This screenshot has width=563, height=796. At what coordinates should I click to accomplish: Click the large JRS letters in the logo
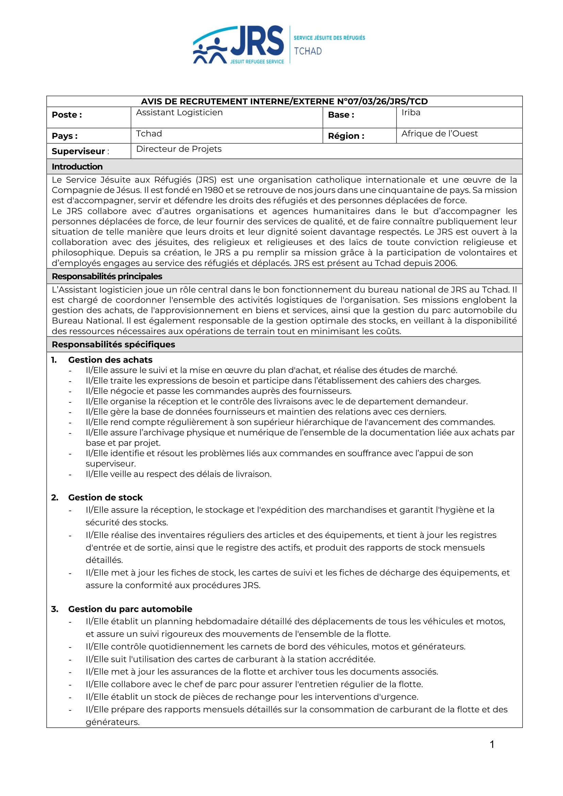(257, 41)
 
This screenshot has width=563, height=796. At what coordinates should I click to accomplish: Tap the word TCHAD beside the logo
(308, 51)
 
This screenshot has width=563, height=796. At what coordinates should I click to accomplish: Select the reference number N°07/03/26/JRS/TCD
(382, 101)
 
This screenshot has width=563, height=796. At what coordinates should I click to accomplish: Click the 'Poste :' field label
(67, 115)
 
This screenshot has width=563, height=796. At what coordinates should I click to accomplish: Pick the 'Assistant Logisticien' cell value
(179, 112)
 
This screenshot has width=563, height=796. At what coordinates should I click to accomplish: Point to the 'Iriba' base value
(411, 112)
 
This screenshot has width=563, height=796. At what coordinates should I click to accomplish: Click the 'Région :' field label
(346, 136)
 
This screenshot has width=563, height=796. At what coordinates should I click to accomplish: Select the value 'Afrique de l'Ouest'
(439, 133)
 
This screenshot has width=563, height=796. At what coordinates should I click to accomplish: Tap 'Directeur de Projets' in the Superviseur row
(179, 149)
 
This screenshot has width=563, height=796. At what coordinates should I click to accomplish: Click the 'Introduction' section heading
(77, 167)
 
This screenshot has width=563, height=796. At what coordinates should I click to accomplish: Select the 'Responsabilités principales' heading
(107, 276)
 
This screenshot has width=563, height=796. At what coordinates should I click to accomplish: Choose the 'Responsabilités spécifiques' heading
(113, 344)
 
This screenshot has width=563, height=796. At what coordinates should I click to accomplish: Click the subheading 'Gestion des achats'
(110, 360)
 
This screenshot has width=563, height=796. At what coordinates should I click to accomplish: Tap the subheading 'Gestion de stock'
(106, 497)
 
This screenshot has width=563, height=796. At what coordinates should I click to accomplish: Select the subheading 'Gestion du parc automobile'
(130, 609)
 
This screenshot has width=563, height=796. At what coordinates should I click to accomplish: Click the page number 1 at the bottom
(492, 744)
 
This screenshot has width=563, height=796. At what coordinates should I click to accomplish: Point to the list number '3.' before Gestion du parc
(54, 609)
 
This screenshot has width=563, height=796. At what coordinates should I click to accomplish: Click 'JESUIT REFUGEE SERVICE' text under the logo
(257, 62)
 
